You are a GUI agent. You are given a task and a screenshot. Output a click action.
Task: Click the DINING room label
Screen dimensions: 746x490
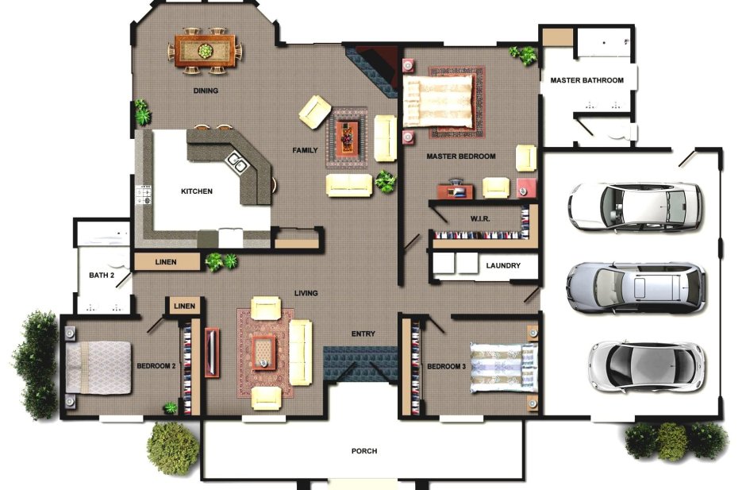pyautogui.click(x=206, y=91)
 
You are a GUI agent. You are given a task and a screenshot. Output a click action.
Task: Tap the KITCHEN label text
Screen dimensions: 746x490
pyautogui.click(x=197, y=191)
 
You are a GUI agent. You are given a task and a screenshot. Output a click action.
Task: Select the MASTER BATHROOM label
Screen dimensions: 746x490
pyautogui.click(x=586, y=80)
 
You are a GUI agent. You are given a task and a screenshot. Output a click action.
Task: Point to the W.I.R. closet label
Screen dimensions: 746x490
pyautogui.click(x=480, y=218)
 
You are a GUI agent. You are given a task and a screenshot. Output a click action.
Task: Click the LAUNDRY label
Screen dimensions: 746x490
pyautogui.click(x=503, y=265)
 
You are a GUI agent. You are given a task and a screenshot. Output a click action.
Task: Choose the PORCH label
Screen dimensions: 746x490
pyautogui.click(x=364, y=451)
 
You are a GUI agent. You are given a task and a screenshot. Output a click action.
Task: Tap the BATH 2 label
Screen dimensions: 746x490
pyautogui.click(x=102, y=276)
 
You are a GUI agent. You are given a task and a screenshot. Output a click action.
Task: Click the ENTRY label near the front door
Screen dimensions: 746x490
pyautogui.click(x=363, y=334)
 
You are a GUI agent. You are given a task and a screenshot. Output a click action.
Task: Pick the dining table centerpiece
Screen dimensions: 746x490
pyautogui.click(x=206, y=50)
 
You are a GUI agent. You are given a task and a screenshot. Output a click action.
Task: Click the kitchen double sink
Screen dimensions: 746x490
pyautogui.click(x=237, y=161)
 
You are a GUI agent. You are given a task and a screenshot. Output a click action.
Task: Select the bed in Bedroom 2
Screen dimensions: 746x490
pyautogui.click(x=98, y=368)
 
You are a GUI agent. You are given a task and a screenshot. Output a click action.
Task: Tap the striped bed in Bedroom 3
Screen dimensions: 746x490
pyautogui.click(x=504, y=368)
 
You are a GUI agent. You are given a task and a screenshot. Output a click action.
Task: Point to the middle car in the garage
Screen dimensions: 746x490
pyautogui.click(x=636, y=287)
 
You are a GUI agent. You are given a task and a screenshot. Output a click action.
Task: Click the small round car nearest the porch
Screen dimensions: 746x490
pyautogui.click(x=647, y=366)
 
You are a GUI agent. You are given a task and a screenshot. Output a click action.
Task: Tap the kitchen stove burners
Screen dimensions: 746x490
pyautogui.click(x=144, y=195)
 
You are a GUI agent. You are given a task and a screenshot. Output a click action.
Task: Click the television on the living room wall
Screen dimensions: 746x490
pyautogui.click(x=212, y=352)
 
